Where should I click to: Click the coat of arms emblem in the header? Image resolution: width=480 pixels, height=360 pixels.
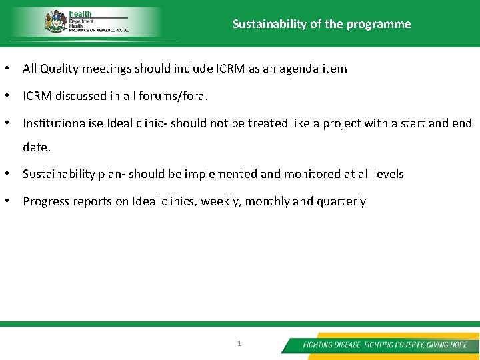point(55,21)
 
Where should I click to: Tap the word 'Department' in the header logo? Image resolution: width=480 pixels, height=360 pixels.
point(81,21)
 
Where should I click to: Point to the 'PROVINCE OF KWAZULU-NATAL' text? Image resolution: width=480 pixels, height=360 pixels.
point(99,31)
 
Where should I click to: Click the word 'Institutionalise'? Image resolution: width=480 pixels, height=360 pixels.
point(63,123)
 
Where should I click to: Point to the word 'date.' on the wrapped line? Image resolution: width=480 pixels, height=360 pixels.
point(37,147)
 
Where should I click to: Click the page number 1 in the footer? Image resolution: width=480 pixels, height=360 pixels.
point(240,343)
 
